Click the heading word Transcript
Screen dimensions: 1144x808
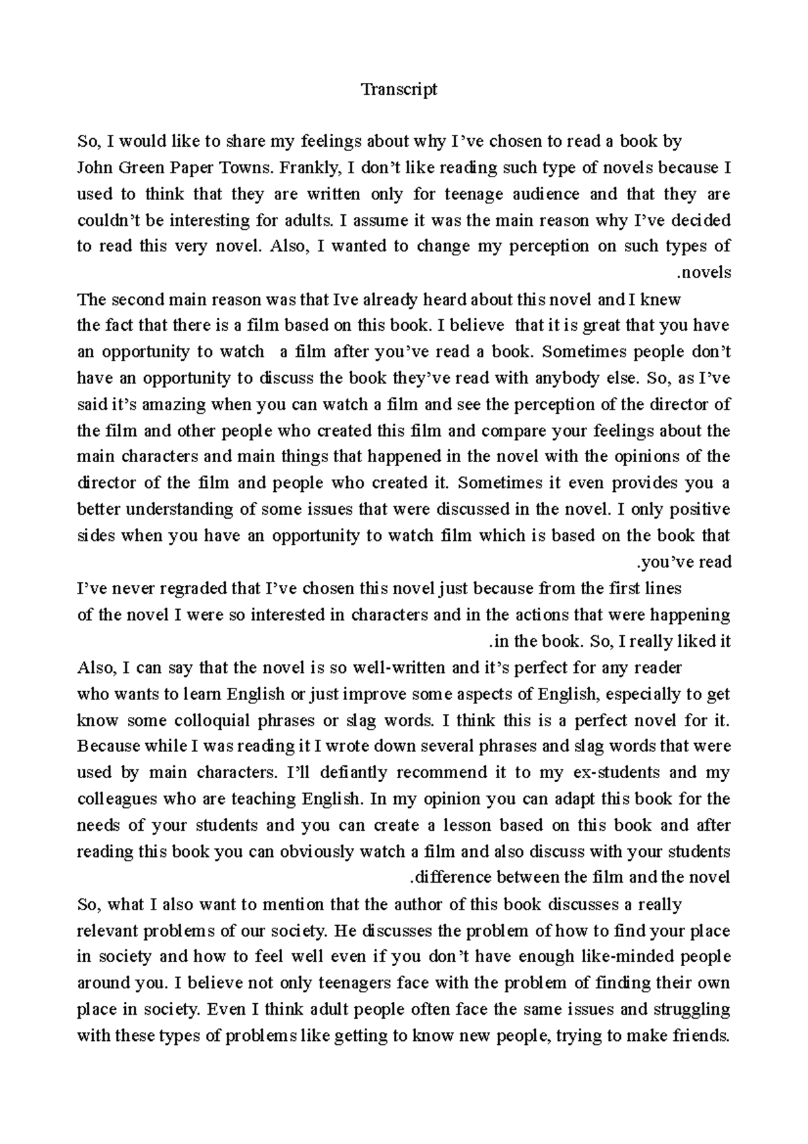(x=399, y=89)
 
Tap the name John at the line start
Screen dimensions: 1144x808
(x=96, y=168)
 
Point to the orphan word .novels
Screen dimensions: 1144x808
(x=704, y=273)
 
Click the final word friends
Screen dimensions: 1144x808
(x=701, y=1036)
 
